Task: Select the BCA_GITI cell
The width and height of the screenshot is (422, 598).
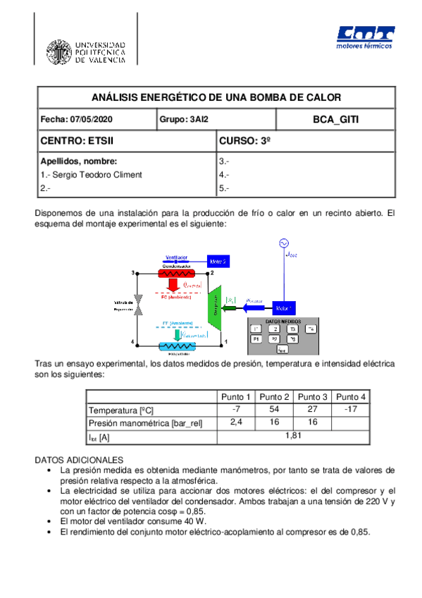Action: click(x=335, y=120)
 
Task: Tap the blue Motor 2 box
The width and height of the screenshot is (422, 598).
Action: click(x=216, y=261)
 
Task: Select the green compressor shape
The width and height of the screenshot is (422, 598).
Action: click(x=214, y=307)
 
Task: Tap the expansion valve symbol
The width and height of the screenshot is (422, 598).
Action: click(x=139, y=304)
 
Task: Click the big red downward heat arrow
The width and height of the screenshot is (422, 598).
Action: click(x=172, y=286)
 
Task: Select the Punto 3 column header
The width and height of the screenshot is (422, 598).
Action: click(x=311, y=396)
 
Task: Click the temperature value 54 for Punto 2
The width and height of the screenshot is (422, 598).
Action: click(x=273, y=409)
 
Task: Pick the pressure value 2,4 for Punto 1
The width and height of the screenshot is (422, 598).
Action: click(x=236, y=422)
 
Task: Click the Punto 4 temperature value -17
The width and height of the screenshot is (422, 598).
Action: click(x=349, y=409)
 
